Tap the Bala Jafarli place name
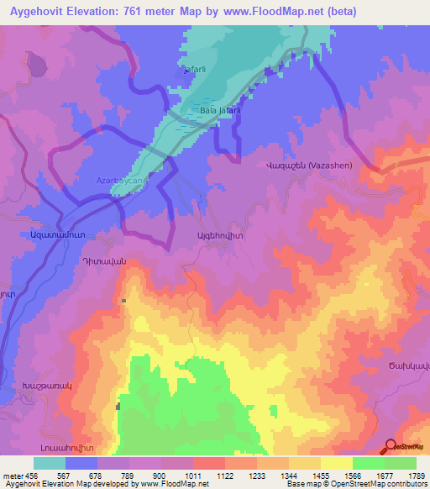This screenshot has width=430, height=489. (221, 111)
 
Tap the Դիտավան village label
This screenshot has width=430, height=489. (104, 260)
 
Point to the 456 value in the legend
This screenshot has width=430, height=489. (32, 476)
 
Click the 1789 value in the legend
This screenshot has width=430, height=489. (416, 476)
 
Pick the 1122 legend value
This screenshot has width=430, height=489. (224, 476)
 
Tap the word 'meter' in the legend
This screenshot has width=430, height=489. (12, 476)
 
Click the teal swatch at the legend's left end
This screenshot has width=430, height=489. (49, 463)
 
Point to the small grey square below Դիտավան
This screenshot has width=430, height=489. (123, 300)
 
